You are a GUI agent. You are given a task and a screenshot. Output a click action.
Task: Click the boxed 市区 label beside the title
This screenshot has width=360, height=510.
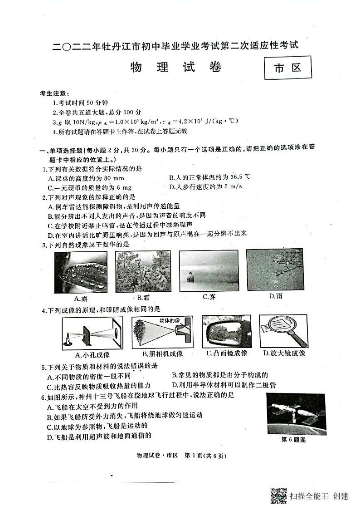288,69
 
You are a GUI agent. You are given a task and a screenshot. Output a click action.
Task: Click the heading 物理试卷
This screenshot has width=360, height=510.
176,68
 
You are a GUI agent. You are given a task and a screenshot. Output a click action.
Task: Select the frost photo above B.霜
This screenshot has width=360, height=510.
142,271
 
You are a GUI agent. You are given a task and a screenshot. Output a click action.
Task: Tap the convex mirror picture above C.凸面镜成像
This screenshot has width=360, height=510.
226,332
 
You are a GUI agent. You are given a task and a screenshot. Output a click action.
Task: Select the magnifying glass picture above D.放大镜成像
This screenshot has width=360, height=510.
283,332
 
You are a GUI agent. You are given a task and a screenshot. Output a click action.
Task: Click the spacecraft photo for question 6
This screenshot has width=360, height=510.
296,414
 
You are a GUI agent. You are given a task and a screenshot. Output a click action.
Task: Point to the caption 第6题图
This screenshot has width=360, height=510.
294,439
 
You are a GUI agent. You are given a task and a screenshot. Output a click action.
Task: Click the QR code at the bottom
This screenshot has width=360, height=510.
278,495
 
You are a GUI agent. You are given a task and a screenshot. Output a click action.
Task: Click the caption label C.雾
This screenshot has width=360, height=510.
209,297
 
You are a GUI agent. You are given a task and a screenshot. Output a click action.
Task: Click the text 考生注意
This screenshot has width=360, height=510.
54,93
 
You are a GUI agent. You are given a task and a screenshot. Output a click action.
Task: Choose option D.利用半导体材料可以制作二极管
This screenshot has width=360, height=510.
224,385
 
